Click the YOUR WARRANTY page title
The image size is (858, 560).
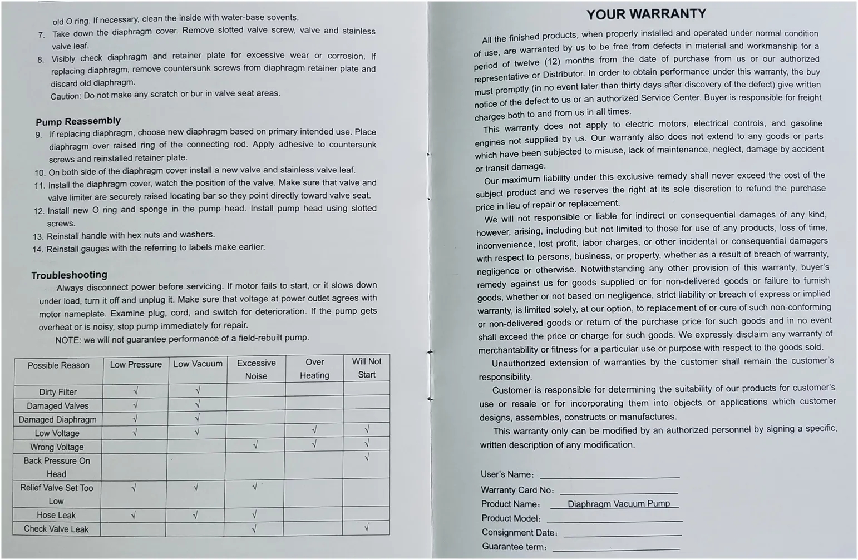[646, 14]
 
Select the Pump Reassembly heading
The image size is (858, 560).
[78, 121]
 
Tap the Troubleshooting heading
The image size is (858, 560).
[69, 275]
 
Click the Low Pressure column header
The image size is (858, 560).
[136, 365]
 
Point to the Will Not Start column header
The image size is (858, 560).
[367, 368]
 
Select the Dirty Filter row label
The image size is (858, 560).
[58, 392]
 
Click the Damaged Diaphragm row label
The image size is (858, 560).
[57, 420]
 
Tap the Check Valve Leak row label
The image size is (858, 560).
[56, 529]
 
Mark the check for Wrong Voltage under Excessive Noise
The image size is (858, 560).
[255, 445]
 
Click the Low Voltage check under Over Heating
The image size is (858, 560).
[314, 430]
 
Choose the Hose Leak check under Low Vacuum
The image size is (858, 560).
[195, 515]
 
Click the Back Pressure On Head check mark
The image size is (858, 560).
[367, 458]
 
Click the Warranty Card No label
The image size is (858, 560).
[516, 490]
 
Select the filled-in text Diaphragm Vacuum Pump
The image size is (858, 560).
[618, 504]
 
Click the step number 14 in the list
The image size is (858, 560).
[38, 249]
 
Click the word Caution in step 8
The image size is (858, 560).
[65, 96]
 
